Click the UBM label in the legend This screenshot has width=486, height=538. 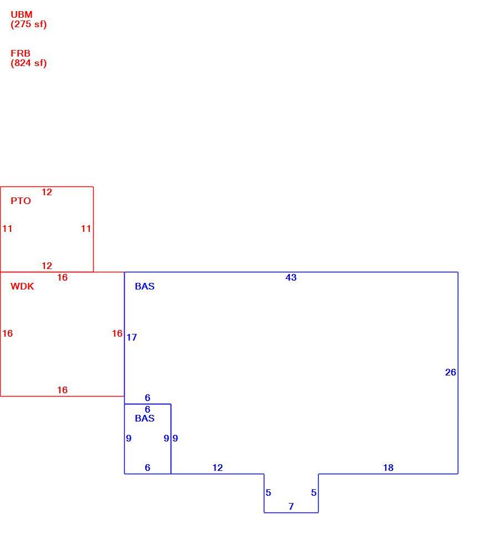tap(22, 15)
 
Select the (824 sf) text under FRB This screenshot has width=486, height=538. tap(28, 63)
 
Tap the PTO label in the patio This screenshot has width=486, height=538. tap(21, 201)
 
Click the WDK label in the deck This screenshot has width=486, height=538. tap(22, 287)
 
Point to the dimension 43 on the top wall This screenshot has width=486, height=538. tap(291, 277)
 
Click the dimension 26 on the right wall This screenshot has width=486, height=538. tap(451, 373)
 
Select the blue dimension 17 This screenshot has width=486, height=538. tap(131, 338)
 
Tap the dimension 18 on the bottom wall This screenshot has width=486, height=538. tap(388, 468)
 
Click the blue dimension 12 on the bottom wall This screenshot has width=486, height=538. tap(218, 468)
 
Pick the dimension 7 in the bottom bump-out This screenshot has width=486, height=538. tap(291, 506)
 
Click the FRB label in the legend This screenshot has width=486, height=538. tap(21, 54)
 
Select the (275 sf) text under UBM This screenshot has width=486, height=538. tap(28, 24)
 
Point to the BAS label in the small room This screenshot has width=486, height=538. tap(145, 418)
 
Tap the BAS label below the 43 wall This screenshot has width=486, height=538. tap(145, 287)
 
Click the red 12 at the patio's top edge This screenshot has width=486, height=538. tap(47, 192)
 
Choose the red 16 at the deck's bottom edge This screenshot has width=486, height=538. tap(63, 390)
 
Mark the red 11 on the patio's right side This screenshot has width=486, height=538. tap(86, 229)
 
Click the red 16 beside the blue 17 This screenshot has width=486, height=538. tap(117, 333)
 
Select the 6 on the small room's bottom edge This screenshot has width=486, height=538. tap(147, 468)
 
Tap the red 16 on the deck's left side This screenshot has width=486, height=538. tap(8, 333)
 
